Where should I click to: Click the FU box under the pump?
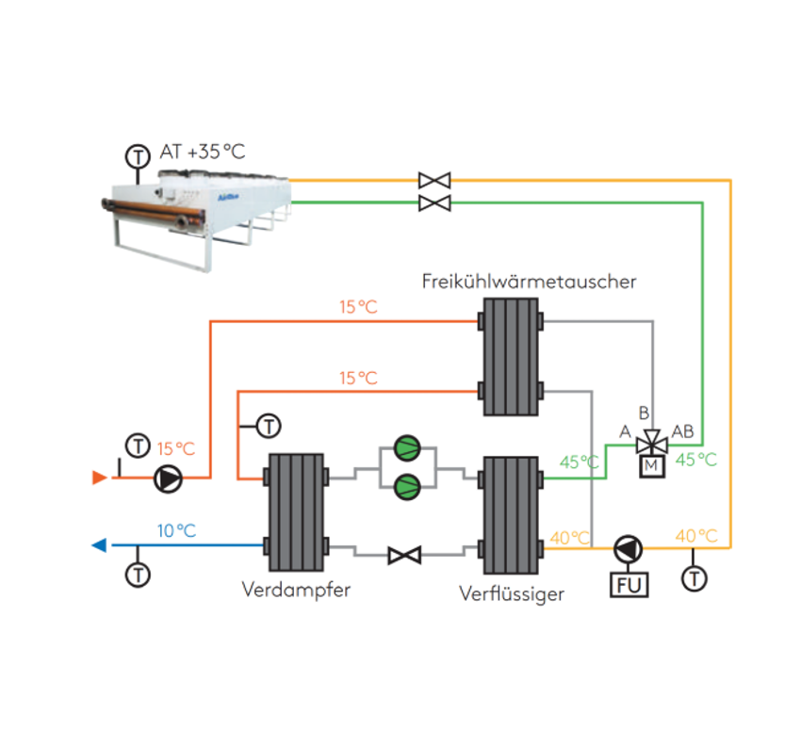pos(629,585)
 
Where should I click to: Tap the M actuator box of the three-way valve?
pos(652,466)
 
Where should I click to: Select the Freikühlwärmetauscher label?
pos(530,282)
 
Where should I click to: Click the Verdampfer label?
pos(296,590)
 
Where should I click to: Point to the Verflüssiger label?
pos(512,593)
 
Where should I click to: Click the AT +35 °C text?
pos(203,152)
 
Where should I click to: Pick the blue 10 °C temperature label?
pos(177,531)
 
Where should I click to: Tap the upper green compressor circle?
pos(407,448)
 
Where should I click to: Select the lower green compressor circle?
pos(407,486)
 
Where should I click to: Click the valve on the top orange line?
pos(434,180)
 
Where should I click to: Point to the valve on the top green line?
pos(434,203)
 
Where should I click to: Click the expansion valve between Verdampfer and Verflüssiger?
pos(404,555)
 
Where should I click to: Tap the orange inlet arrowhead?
pos(100,478)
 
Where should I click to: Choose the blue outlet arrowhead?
pos(99,545)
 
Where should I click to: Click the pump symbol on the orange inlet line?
pos(168,478)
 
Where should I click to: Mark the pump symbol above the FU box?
pos(629,549)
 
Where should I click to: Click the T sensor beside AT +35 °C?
pos(138,156)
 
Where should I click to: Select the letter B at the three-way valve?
pos(644,413)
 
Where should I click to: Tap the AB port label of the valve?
pos(682,431)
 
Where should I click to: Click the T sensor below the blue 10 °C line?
pos(138,575)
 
